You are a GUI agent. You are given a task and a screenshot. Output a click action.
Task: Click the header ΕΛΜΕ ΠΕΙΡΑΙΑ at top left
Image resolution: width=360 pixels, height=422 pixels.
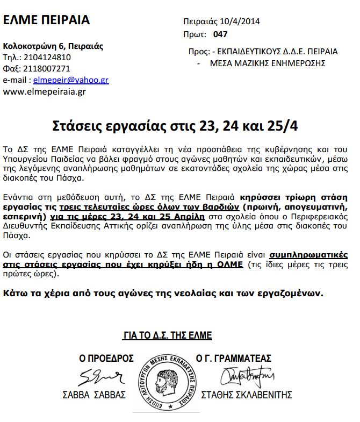(x=46, y=21)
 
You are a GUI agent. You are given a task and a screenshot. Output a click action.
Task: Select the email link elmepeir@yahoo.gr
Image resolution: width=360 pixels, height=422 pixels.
(x=71, y=80)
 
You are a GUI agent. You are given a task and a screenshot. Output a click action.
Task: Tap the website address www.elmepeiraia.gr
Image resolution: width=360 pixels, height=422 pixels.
(x=45, y=91)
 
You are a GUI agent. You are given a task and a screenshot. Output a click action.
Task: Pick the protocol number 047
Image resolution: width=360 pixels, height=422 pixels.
(x=220, y=34)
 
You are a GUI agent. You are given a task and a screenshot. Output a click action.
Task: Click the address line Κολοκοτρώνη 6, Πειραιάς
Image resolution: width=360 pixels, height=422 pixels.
(x=53, y=46)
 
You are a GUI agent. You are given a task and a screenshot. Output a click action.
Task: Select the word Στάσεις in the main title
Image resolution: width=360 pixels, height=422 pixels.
(x=76, y=125)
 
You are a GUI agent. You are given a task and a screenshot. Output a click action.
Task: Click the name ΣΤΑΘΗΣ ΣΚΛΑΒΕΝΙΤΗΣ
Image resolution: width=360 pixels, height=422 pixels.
(x=246, y=395)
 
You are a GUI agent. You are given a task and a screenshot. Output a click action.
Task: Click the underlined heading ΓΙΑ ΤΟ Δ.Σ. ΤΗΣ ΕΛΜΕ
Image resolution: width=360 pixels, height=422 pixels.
(x=168, y=335)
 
